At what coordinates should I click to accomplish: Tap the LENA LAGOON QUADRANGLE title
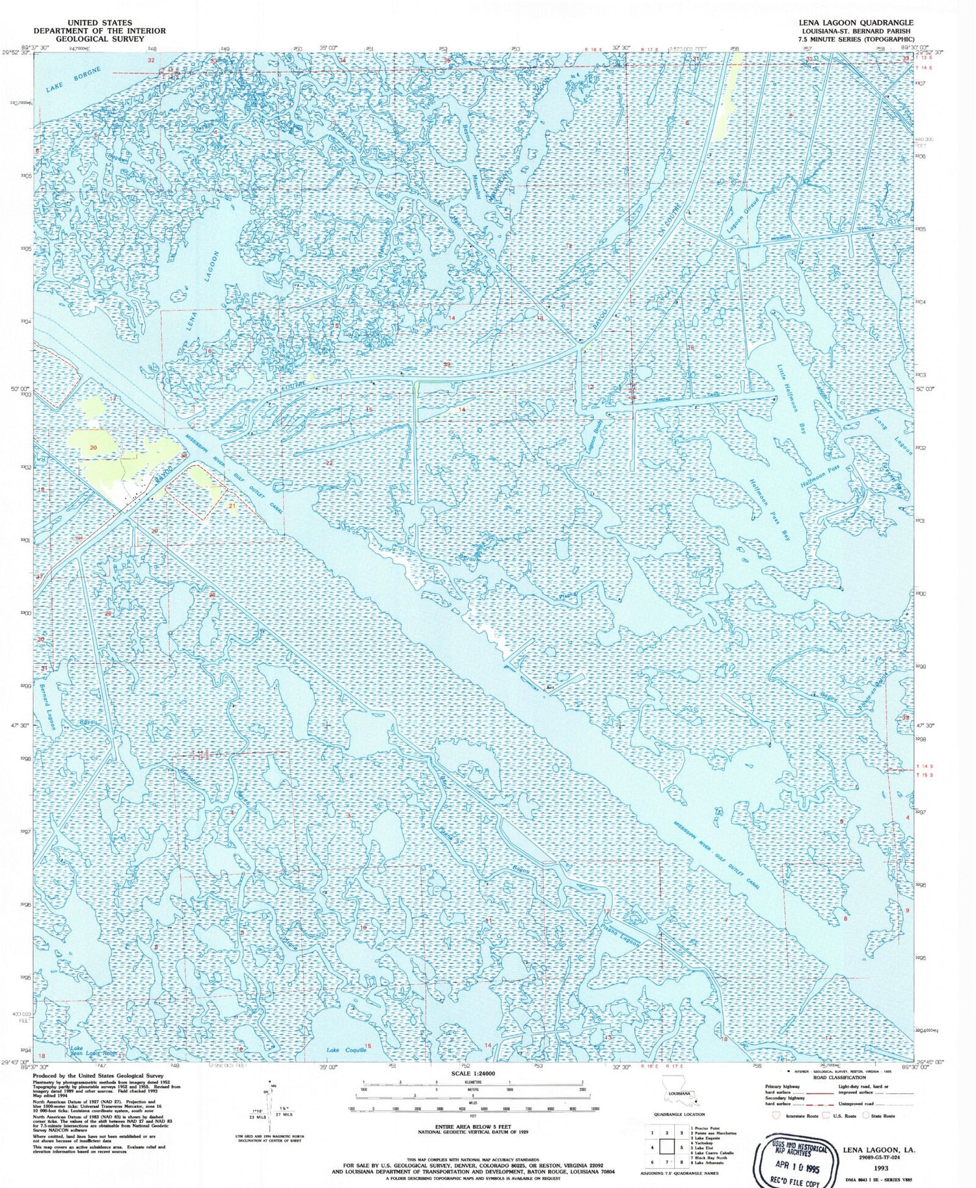(x=856, y=22)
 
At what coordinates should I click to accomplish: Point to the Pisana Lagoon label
(x=621, y=933)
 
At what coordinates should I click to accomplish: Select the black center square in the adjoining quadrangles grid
(x=666, y=1148)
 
